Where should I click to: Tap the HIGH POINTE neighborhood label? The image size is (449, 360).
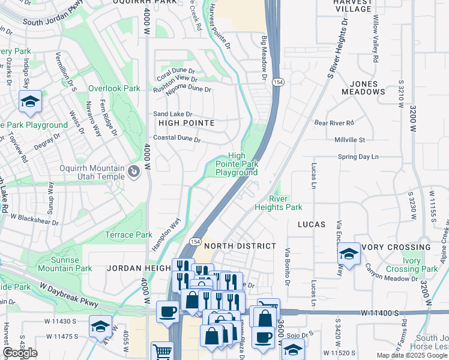click(186, 123)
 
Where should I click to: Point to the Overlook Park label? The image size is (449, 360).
click(114, 88)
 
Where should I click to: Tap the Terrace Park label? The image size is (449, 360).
click(128, 235)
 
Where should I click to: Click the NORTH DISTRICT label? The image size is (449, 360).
click(240, 246)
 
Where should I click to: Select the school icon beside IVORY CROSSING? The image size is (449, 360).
click(349, 254)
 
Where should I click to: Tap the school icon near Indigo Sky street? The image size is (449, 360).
click(30, 103)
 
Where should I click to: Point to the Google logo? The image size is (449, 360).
click(20, 353)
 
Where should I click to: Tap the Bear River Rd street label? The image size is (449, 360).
click(335, 122)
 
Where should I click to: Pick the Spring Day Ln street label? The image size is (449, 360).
click(359, 157)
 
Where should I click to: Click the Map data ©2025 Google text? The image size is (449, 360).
click(412, 355)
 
